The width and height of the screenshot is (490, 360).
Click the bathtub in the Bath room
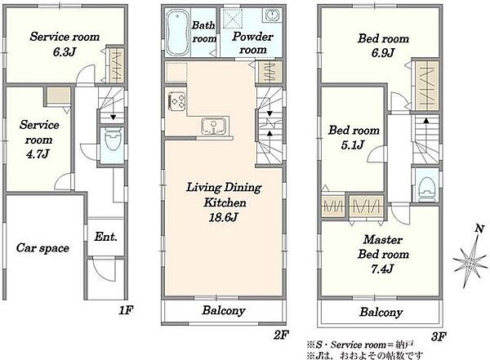click(x=177, y=33)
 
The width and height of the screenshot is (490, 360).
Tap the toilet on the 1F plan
click(x=113, y=140)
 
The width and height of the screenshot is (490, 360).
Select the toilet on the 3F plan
click(x=427, y=188)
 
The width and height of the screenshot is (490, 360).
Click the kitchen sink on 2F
click(x=214, y=127)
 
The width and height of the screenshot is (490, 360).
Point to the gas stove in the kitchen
click(x=177, y=100)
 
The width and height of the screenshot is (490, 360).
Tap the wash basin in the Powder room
click(x=272, y=15)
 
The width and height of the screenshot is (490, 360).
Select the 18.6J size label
click(x=223, y=217)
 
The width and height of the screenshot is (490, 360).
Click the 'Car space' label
click(x=42, y=248)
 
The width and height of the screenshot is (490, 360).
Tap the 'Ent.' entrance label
click(x=105, y=237)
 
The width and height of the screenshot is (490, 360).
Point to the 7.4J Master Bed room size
click(x=382, y=269)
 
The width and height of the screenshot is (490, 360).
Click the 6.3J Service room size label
click(x=65, y=51)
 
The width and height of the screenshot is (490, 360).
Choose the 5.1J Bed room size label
click(x=353, y=145)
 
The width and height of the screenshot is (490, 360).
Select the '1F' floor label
click(x=127, y=310)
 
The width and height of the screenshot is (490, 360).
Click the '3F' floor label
click(x=439, y=336)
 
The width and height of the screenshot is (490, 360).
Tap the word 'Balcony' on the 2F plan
click(x=223, y=311)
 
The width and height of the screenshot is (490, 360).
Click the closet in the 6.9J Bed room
click(x=426, y=84)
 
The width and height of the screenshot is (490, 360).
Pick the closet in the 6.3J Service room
click(x=116, y=64)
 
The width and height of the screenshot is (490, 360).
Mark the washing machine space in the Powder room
click(x=233, y=19)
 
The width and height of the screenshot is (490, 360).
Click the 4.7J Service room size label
click(x=38, y=154)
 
